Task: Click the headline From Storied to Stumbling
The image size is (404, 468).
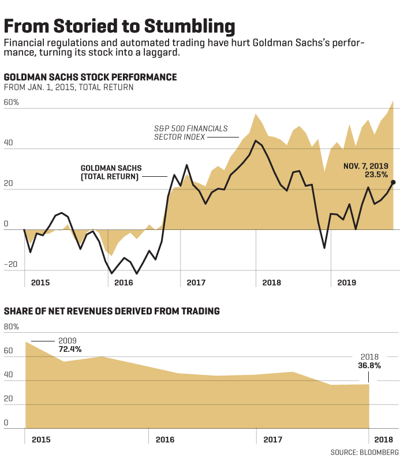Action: (x=119, y=27)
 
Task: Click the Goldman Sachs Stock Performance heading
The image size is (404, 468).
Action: (x=90, y=77)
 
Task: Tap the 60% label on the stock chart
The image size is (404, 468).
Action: (x=12, y=102)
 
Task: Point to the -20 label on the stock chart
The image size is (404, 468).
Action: (x=11, y=265)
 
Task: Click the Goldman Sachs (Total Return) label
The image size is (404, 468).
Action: (x=111, y=172)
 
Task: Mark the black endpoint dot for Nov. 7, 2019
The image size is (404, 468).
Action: (x=393, y=182)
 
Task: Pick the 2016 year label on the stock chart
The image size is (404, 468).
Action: (x=124, y=283)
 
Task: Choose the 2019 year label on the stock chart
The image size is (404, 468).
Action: (x=346, y=283)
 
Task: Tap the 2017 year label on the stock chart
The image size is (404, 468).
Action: (x=196, y=283)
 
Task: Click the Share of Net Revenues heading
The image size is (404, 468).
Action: (x=112, y=311)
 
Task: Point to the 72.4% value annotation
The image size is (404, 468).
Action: (x=70, y=349)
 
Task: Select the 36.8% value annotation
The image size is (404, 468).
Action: (x=369, y=365)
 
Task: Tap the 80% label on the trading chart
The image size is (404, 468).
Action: (x=12, y=326)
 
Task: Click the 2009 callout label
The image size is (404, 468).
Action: (x=67, y=341)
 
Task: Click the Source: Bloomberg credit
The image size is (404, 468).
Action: (x=365, y=451)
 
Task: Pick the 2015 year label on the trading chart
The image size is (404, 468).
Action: (x=41, y=440)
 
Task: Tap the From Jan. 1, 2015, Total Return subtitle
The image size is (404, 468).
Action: (x=69, y=87)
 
